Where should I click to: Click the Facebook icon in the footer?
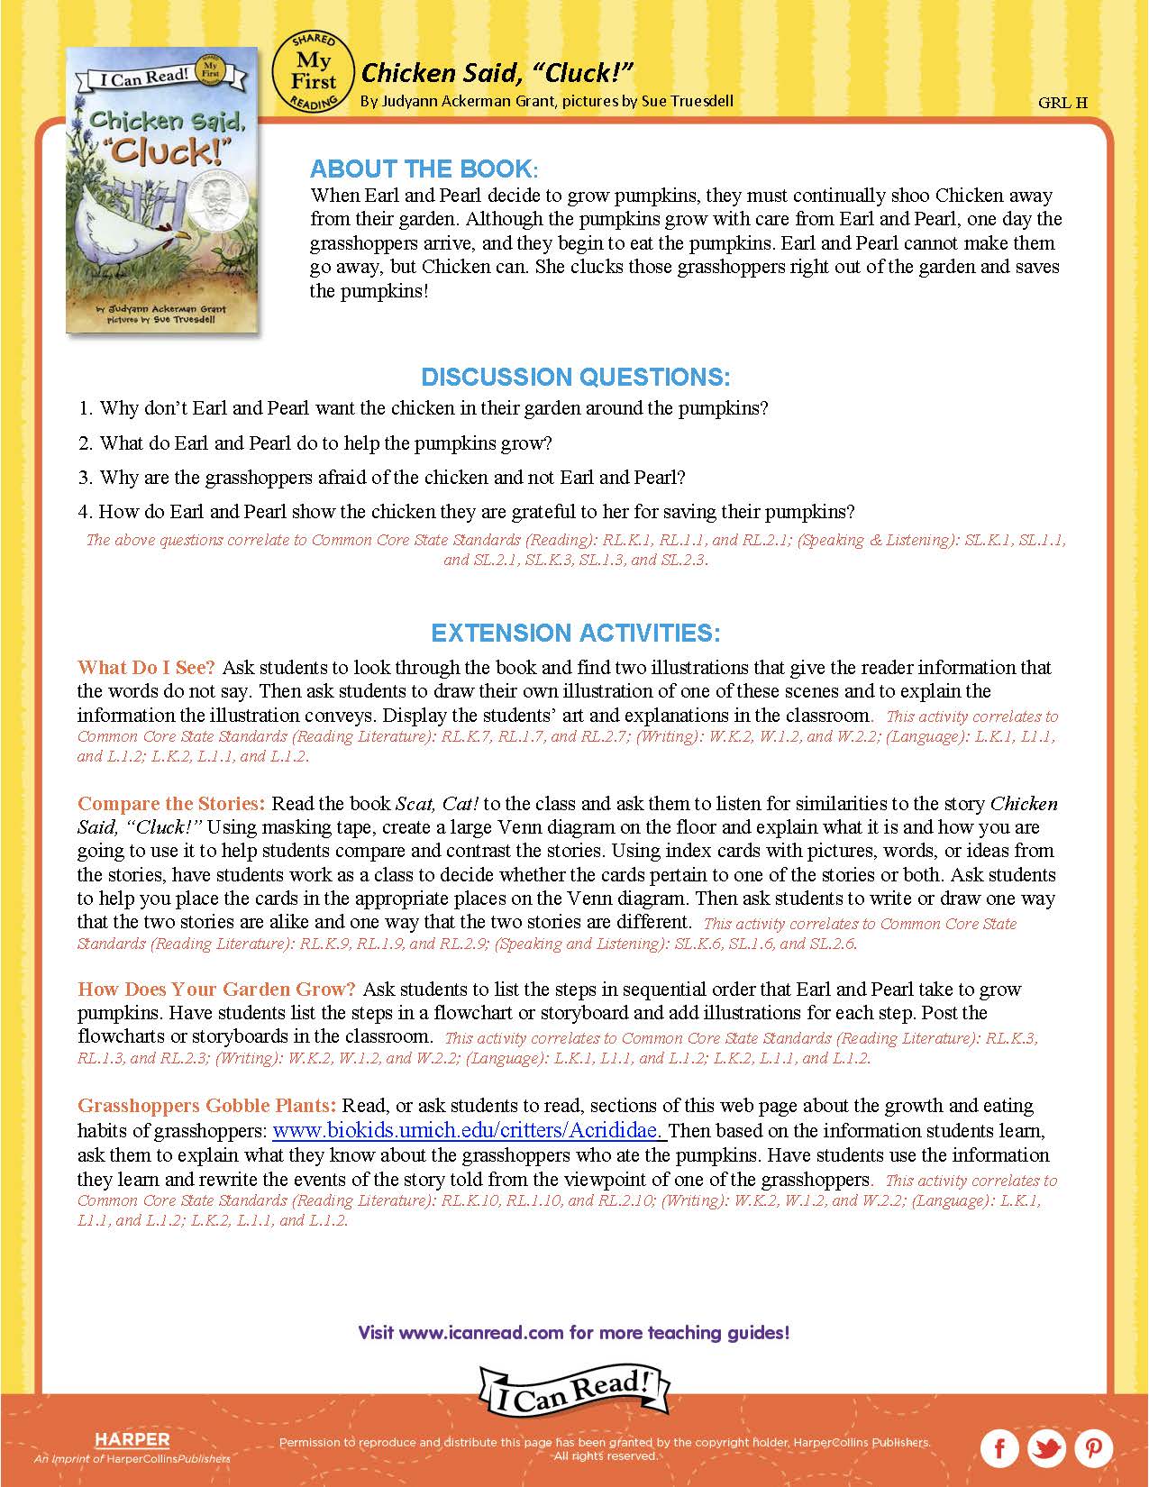tap(999, 1448)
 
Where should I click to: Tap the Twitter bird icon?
tap(1046, 1448)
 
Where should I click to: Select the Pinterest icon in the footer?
tap(1093, 1448)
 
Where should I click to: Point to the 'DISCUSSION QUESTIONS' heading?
tap(575, 376)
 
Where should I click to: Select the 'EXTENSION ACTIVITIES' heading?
tap(575, 633)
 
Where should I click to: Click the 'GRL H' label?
tap(1062, 102)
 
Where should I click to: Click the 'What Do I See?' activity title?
tap(146, 668)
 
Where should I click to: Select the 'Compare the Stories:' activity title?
tap(171, 803)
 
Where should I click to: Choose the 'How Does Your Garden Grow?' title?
tap(216, 989)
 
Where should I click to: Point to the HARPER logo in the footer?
tap(132, 1439)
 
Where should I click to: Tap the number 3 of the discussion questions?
tap(85, 478)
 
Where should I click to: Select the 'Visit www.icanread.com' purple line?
tap(574, 1332)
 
